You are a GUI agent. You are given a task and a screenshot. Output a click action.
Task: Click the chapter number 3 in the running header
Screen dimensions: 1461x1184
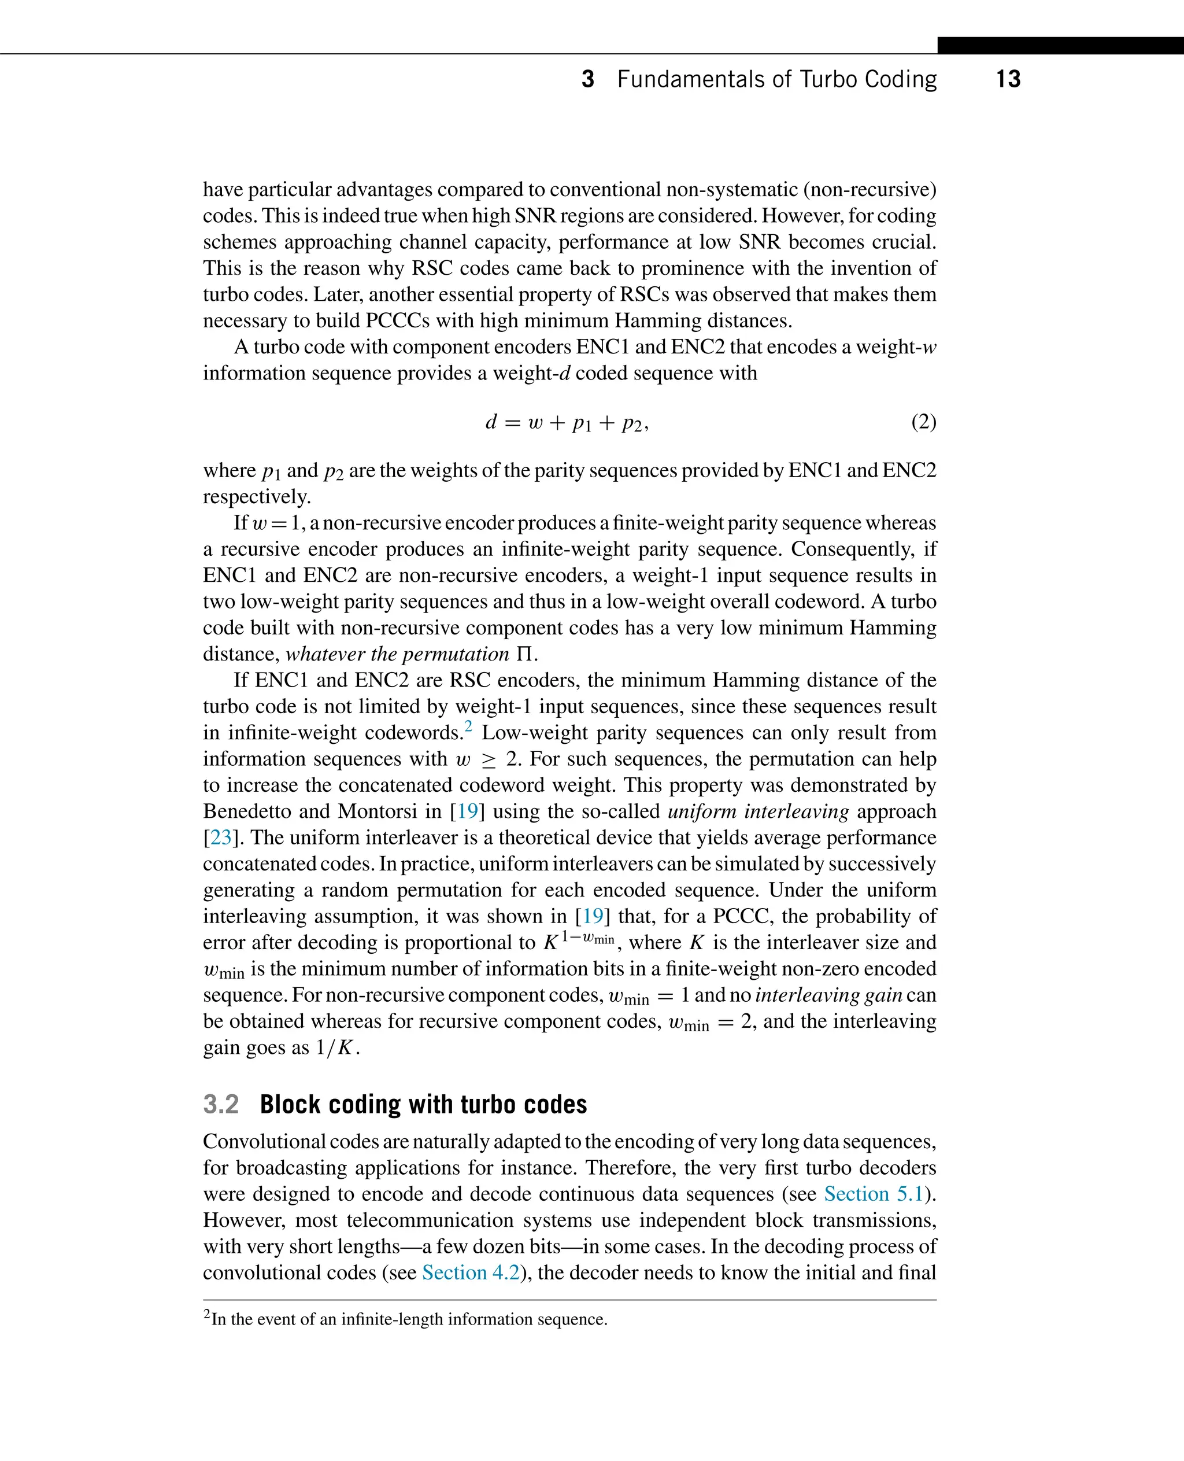(x=587, y=79)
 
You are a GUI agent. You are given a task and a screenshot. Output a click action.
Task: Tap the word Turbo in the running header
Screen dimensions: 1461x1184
(x=828, y=79)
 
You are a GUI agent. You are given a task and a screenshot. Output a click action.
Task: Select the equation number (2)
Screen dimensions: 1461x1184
(x=923, y=422)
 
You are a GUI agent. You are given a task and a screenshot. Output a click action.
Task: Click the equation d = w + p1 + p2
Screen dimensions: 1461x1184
(x=567, y=423)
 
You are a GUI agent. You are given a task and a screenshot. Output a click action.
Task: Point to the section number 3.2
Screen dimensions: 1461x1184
(x=221, y=1104)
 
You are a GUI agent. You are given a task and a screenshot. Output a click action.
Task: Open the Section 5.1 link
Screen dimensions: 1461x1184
(x=873, y=1194)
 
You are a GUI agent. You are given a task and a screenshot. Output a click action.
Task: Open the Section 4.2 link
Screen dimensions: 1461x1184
(x=471, y=1272)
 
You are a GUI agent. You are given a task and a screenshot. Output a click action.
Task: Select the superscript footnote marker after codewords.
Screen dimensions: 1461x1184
(x=468, y=726)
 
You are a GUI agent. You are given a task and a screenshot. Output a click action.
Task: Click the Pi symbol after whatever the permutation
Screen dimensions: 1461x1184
(x=524, y=654)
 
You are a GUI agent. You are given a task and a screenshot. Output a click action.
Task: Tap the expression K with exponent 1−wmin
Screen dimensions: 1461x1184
(x=578, y=942)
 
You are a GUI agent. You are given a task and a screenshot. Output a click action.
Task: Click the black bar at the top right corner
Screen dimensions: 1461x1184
(x=1060, y=46)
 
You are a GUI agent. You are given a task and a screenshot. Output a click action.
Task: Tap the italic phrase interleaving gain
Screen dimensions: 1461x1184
(x=828, y=995)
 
